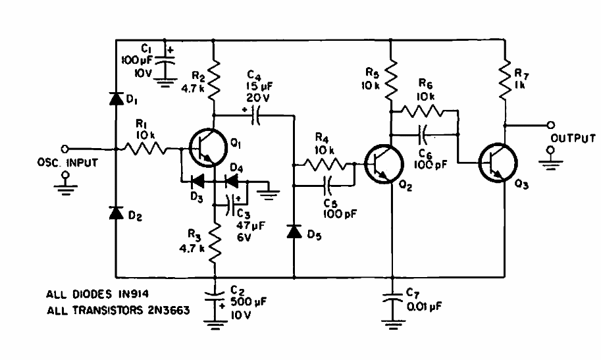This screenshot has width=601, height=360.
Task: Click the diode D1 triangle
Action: click(116, 99)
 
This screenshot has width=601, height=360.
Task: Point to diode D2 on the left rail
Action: click(116, 213)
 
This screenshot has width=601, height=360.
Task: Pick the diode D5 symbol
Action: click(294, 231)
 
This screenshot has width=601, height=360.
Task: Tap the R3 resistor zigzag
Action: click(215, 243)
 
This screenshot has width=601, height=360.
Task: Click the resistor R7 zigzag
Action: click(505, 78)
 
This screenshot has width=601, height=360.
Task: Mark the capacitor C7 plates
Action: click(392, 298)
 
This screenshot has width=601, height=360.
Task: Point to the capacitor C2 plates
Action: click(215, 296)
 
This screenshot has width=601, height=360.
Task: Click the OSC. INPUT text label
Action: click(67, 163)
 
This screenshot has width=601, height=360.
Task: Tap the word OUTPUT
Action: click(573, 138)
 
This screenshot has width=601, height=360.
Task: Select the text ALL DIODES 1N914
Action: click(97, 294)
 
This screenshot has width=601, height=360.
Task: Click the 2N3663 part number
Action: click(169, 310)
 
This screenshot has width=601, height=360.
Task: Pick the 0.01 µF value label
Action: click(424, 307)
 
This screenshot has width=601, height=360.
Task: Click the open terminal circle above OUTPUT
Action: click(551, 125)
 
